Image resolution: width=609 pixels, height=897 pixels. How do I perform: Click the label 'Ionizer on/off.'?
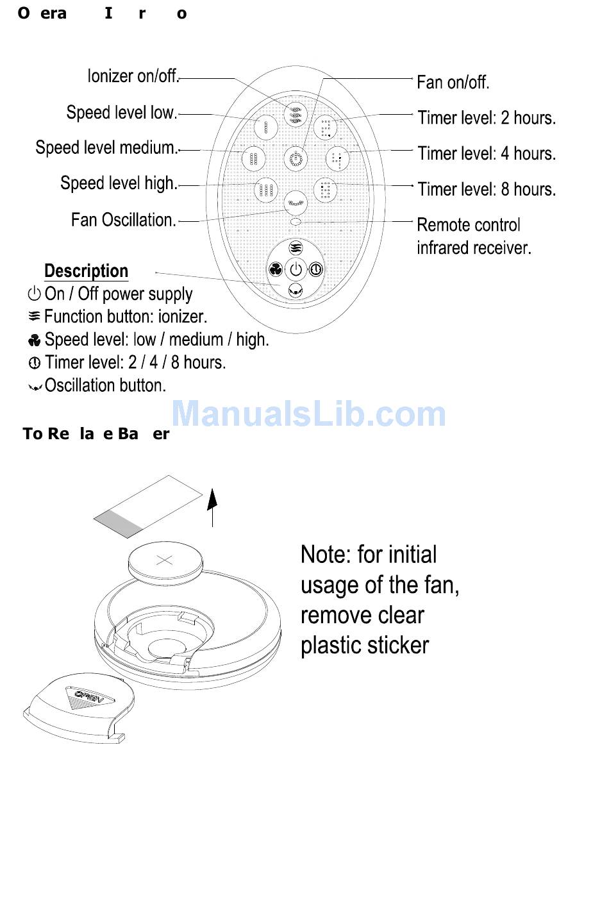point(133,76)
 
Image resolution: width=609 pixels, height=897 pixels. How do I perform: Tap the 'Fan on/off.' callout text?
point(453,83)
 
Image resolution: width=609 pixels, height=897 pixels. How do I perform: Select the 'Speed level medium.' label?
point(106,147)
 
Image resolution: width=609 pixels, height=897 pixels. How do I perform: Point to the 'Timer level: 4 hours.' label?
point(487,154)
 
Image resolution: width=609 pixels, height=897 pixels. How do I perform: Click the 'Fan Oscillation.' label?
point(123,220)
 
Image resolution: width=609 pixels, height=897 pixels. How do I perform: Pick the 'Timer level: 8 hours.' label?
point(487,190)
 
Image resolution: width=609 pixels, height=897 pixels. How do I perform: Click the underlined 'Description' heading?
point(86,271)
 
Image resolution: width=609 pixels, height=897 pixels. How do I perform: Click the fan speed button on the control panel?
point(276,269)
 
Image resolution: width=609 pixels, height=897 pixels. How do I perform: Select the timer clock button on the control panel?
point(316,270)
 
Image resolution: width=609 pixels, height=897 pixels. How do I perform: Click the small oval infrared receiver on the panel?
point(296,221)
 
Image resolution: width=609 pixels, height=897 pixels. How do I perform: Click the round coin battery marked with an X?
point(165,561)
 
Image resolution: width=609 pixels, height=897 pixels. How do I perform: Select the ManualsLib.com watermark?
point(309,414)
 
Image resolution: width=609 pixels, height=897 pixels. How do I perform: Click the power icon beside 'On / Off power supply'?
point(34,294)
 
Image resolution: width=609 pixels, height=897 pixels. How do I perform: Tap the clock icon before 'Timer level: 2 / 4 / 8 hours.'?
point(35,363)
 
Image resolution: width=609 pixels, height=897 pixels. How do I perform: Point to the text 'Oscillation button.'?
point(105,385)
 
